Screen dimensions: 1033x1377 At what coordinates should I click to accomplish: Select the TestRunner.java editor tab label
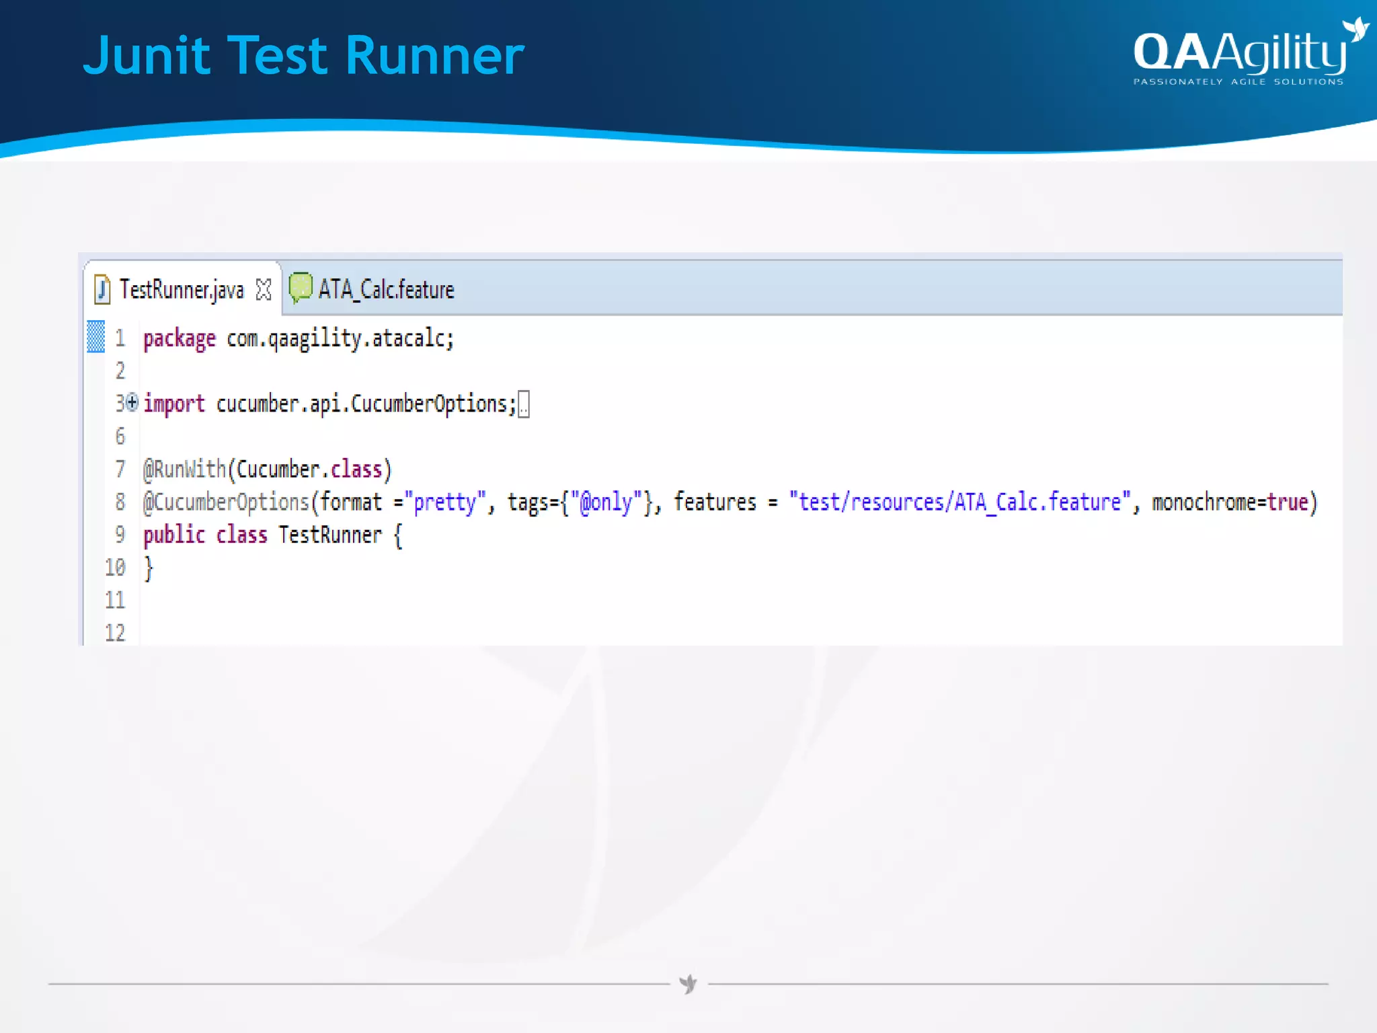click(182, 290)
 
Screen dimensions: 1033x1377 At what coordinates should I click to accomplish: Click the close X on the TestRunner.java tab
click(264, 290)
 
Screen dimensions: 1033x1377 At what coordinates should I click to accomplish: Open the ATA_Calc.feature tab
click(386, 290)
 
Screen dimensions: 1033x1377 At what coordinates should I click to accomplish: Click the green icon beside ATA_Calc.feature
click(300, 288)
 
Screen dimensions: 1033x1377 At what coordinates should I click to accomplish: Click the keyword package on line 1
click(180, 338)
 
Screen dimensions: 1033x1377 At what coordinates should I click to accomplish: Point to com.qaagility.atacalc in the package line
click(339, 338)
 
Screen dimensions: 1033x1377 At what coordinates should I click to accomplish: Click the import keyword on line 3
click(174, 404)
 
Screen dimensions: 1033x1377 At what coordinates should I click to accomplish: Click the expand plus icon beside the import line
click(132, 402)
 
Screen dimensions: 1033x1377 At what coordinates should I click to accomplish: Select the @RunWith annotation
click(184, 469)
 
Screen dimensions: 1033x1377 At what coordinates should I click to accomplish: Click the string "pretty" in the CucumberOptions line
click(444, 502)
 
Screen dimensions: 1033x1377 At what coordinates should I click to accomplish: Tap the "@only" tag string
click(606, 502)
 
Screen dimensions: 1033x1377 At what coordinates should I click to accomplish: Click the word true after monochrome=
click(1287, 502)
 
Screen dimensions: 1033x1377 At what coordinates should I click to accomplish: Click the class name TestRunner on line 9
click(330, 535)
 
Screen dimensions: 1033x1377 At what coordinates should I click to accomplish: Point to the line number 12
click(115, 633)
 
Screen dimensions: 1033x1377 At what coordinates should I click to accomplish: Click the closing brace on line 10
click(149, 568)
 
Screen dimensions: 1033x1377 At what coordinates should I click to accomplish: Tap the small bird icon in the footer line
click(688, 984)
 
